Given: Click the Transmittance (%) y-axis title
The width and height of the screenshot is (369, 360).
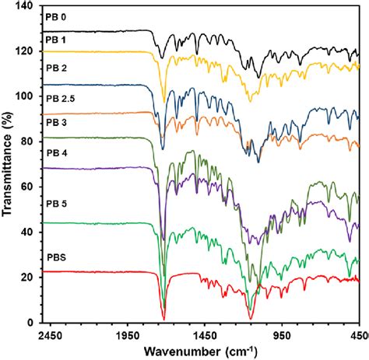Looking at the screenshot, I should [9, 163].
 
